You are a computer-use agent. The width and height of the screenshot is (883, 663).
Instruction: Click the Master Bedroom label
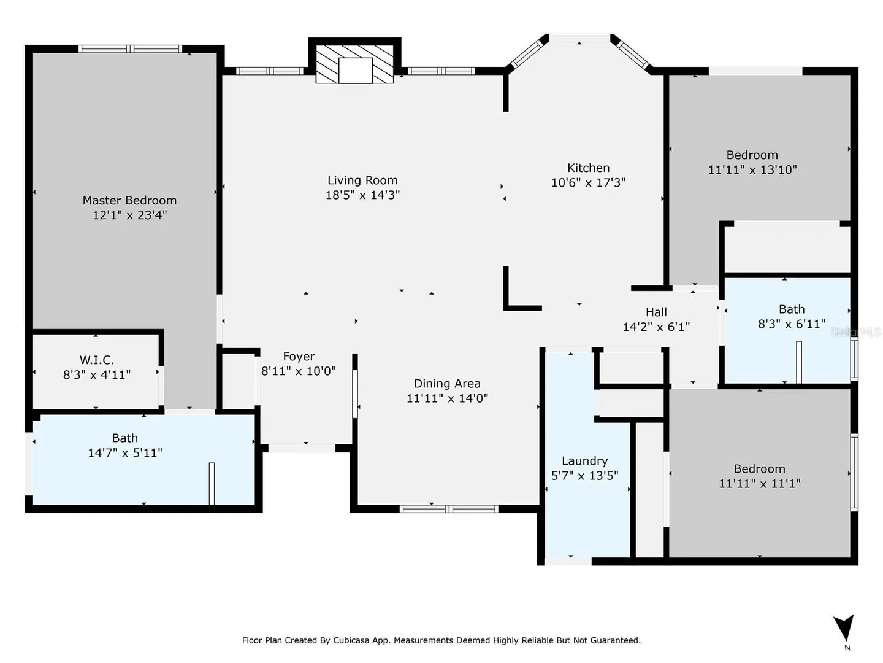pyautogui.click(x=129, y=200)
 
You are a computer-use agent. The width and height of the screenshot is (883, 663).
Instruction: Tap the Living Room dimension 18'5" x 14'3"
pyautogui.click(x=362, y=195)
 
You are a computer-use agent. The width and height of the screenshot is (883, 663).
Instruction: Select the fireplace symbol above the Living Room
pyautogui.click(x=354, y=64)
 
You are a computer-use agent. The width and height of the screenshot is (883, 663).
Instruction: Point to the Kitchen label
pyautogui.click(x=588, y=168)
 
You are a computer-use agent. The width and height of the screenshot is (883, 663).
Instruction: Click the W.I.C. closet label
pyautogui.click(x=97, y=360)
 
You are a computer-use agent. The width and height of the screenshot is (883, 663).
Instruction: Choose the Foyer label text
pyautogui.click(x=299, y=357)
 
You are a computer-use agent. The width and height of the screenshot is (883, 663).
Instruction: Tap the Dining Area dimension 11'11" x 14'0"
pyautogui.click(x=447, y=398)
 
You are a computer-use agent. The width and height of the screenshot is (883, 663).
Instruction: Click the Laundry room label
pyautogui.click(x=584, y=461)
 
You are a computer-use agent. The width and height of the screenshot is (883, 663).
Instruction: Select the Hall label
pyautogui.click(x=656, y=312)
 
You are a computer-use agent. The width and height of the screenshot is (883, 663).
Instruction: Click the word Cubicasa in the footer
pyautogui.click(x=351, y=640)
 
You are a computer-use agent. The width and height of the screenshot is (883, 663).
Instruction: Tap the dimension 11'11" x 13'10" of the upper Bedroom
pyautogui.click(x=752, y=169)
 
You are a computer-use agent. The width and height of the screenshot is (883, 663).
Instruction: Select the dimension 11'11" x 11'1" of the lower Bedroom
pyautogui.click(x=760, y=483)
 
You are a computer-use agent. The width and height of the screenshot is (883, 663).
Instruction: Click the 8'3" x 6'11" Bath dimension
pyautogui.click(x=792, y=324)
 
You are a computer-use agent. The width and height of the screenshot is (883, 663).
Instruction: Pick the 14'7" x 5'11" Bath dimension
pyautogui.click(x=125, y=453)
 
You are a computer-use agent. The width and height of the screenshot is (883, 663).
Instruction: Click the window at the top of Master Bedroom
pyautogui.click(x=130, y=49)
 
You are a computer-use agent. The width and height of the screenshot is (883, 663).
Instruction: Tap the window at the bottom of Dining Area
pyautogui.click(x=449, y=509)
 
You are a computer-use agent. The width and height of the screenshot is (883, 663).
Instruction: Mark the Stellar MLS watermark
pyautogui.click(x=855, y=332)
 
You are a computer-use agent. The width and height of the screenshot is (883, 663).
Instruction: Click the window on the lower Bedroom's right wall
pyautogui.click(x=854, y=473)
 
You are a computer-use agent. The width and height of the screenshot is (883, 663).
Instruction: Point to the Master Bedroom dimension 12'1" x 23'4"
pyautogui.click(x=129, y=215)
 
